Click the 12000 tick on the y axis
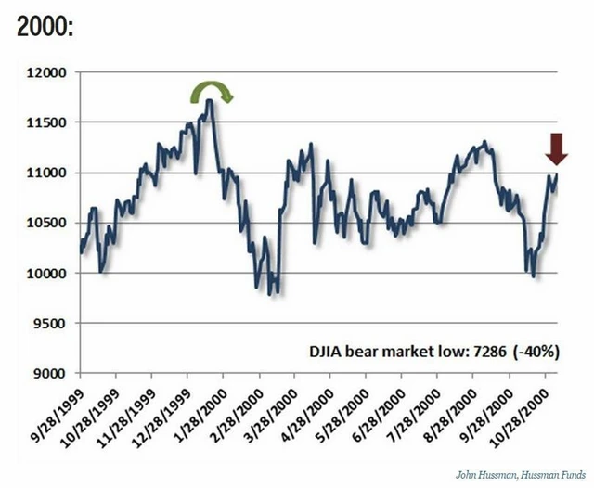52,72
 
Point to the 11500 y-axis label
52,122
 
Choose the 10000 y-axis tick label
52,274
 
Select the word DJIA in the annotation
326,352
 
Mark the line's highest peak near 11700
211,101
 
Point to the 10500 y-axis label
52,224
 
